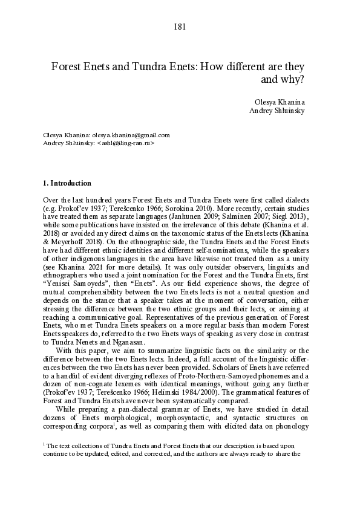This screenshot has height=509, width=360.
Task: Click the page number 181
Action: tap(179, 26)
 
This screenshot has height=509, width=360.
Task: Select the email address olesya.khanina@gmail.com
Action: tap(131, 135)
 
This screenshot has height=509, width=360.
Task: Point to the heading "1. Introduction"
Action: tap(67, 183)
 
